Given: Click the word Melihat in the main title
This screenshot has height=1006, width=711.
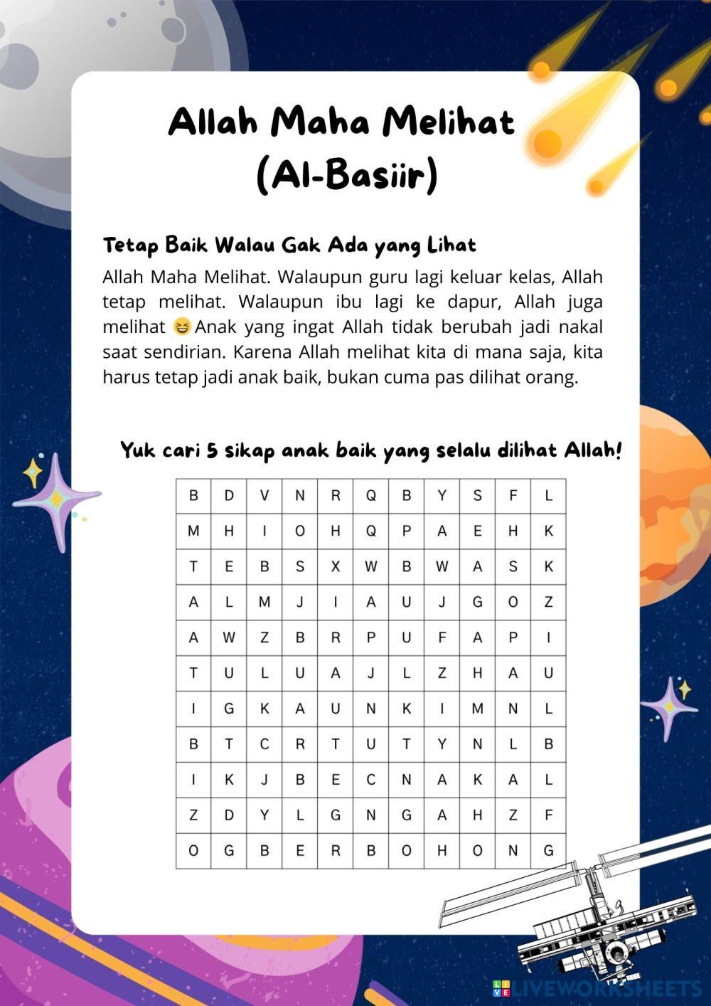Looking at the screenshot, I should pos(449,122).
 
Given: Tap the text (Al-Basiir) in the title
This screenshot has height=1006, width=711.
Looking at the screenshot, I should pos(346,175).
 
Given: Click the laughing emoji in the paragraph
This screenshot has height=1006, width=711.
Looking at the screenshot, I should pos(183,327).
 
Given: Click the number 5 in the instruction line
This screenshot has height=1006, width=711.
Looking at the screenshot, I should pos(212,451).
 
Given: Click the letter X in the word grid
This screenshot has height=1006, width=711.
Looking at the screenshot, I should pos(336,567).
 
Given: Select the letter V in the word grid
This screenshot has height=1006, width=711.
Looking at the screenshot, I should pos(264,496).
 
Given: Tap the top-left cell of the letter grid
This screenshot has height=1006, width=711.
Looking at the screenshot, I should pos(193,496).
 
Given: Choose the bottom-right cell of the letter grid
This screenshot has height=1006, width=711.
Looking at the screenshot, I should pos(548,850).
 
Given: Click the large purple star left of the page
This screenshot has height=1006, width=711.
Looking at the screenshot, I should pos(55,499).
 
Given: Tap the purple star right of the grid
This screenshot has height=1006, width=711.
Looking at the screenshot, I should pos(668,706).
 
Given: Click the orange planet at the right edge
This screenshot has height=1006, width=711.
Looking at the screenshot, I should pos(679,505).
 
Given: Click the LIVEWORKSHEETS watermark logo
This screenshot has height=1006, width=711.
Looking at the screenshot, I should pos(597,988).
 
